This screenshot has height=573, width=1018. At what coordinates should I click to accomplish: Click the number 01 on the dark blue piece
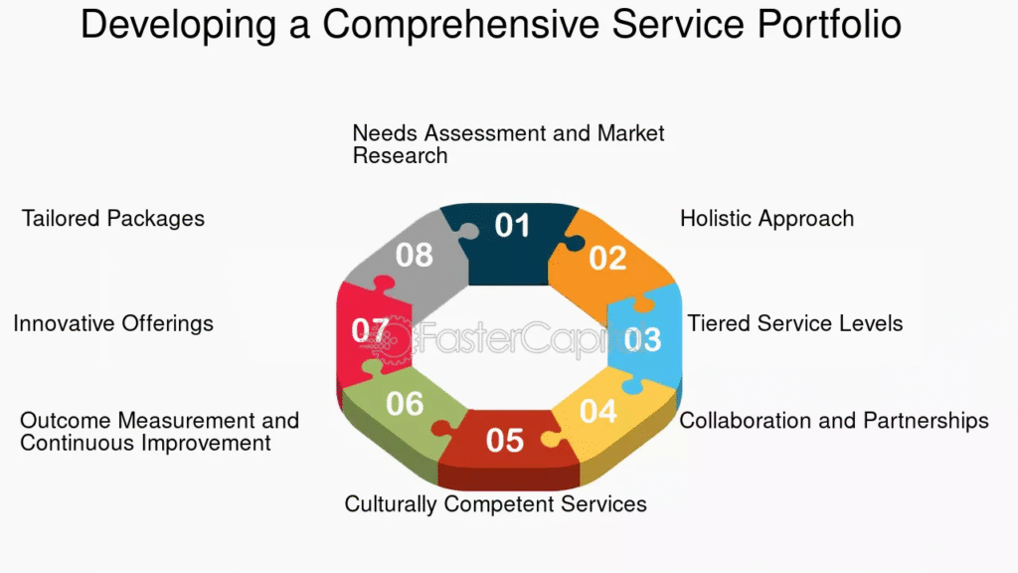click(512, 226)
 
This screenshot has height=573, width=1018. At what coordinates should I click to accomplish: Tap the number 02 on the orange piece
click(607, 258)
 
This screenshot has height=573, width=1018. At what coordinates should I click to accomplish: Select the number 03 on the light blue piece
click(642, 339)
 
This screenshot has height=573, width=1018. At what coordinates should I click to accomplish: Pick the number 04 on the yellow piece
click(597, 411)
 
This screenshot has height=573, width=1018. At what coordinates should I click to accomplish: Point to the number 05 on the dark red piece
click(504, 441)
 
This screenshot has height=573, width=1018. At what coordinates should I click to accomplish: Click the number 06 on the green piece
click(405, 404)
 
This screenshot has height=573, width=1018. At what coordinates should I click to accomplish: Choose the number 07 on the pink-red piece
click(370, 330)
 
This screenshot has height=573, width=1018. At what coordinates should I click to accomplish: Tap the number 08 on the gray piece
click(415, 255)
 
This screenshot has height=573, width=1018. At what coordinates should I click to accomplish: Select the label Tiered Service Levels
click(795, 323)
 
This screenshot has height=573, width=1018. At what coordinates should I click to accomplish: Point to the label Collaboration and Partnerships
click(834, 421)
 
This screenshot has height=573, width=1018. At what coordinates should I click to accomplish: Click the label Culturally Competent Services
click(495, 504)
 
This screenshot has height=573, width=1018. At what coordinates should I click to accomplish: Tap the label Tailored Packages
click(113, 219)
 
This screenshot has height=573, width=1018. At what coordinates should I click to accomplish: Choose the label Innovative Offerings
click(113, 324)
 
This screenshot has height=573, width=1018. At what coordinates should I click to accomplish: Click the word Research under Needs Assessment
click(400, 156)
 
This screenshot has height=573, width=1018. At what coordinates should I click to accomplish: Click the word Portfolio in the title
click(829, 25)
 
